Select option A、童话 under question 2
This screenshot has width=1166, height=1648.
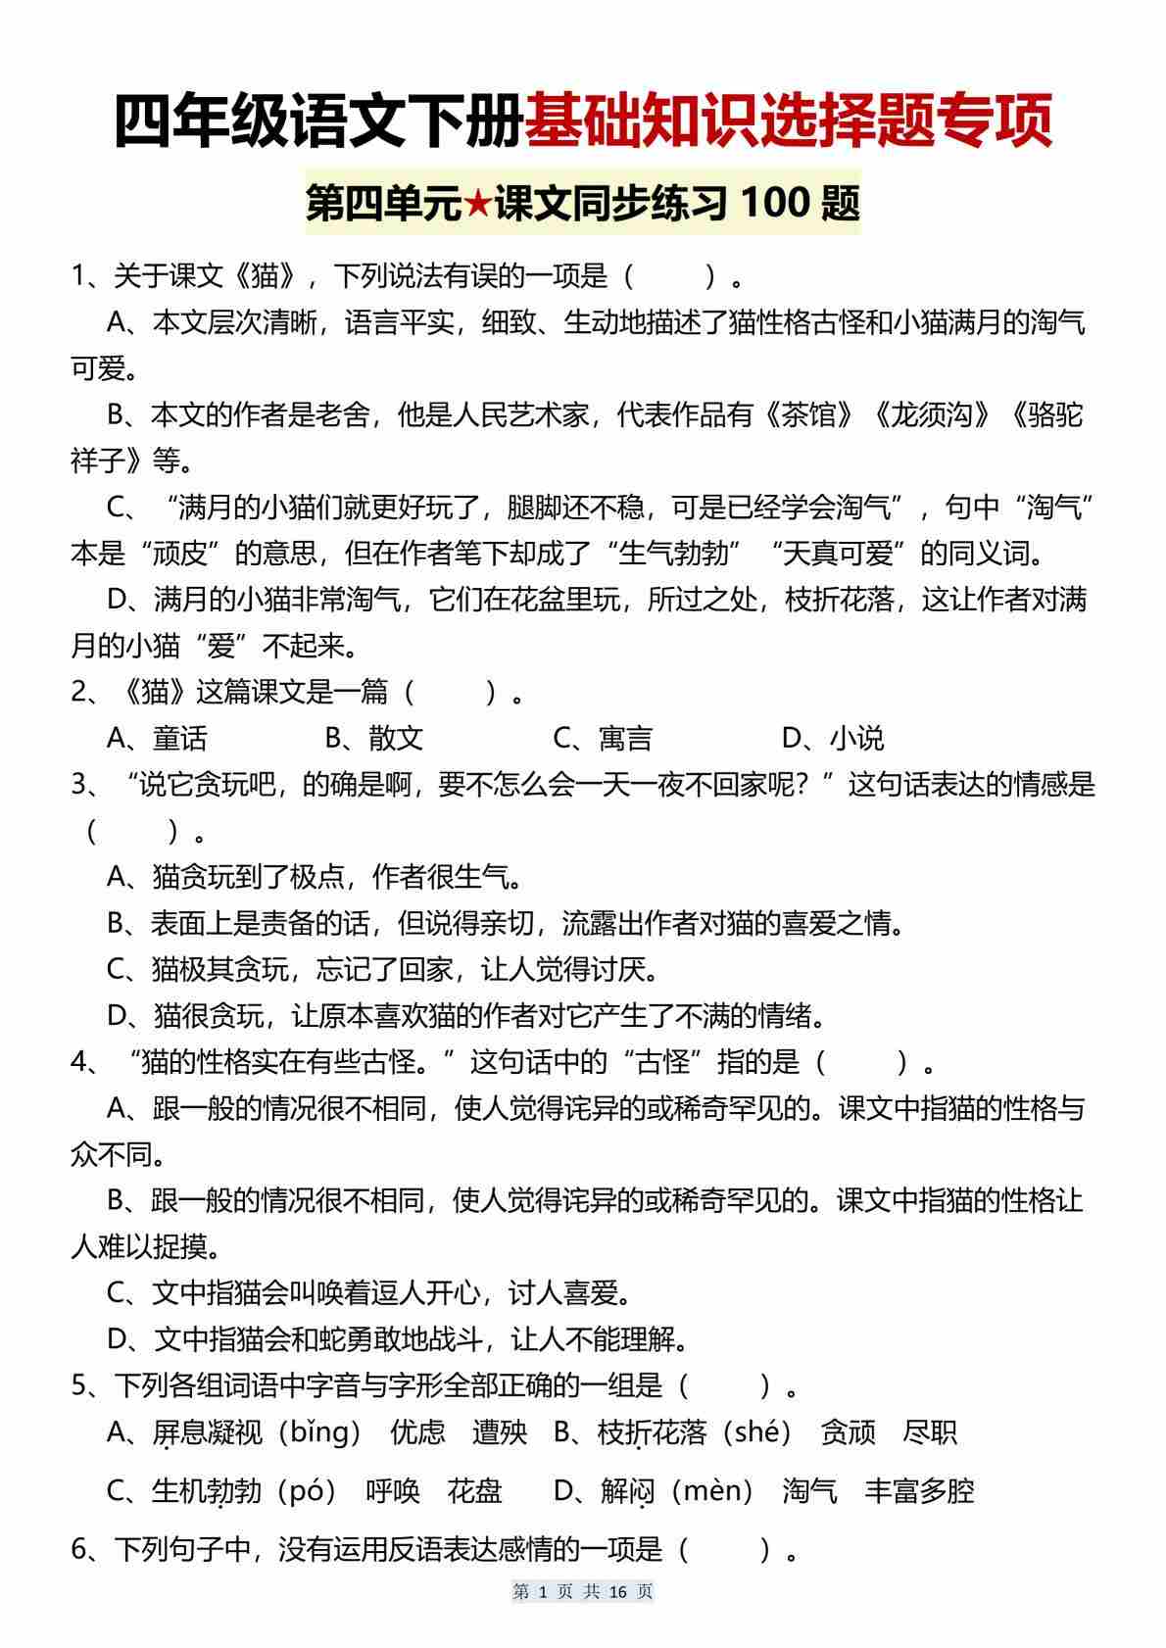coord(157,738)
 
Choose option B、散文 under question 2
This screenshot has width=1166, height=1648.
coord(373,738)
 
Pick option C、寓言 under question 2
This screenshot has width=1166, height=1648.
coord(603,738)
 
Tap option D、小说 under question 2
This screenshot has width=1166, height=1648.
coord(833,738)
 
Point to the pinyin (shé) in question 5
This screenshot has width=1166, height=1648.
coord(763,1432)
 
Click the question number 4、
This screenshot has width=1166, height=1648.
coord(86,1062)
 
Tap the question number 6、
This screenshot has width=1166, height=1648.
coord(86,1549)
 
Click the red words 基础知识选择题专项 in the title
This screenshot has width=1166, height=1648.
coord(789,121)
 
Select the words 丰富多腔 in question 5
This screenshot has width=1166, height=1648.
coord(919,1491)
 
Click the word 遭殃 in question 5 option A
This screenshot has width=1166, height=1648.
coord(499,1432)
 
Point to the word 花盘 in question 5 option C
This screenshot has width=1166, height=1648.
coord(474,1491)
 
